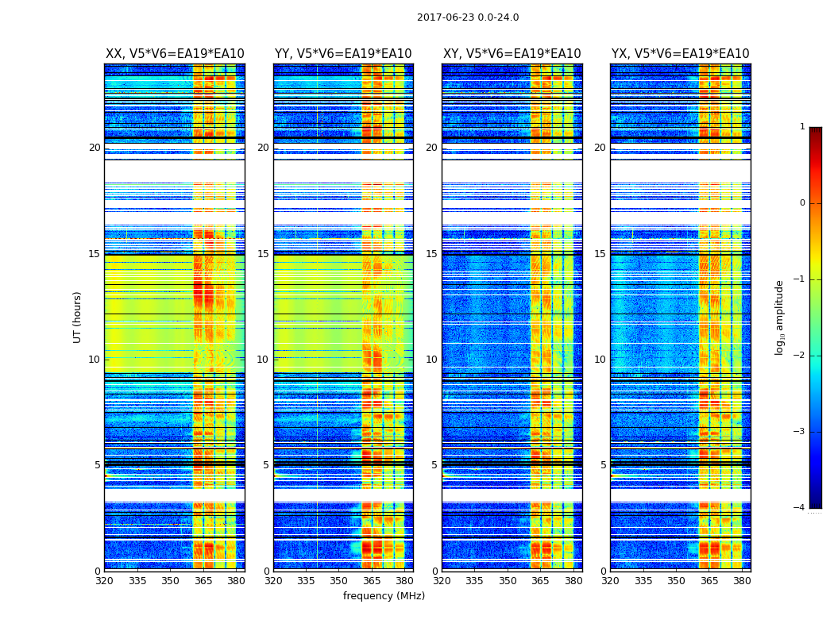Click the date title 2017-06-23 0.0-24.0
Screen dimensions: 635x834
tap(468, 17)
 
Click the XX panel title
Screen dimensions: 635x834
tap(175, 54)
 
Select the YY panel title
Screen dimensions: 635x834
tap(343, 54)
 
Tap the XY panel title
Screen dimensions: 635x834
tap(512, 54)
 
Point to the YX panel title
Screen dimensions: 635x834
tap(680, 54)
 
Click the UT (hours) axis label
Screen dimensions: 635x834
tap(78, 317)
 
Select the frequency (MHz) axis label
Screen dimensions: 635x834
tap(384, 596)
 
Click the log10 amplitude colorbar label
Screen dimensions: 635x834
tap(780, 317)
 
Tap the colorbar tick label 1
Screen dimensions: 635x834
tap(801, 127)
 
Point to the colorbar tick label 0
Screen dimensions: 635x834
tap(801, 203)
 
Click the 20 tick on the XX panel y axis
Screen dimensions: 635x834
tap(95, 148)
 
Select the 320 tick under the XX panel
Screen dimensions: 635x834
tap(104, 581)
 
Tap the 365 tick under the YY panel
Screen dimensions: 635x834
tap(372, 581)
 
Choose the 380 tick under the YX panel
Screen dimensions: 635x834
tap(742, 581)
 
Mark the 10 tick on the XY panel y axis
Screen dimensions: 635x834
tap(431, 360)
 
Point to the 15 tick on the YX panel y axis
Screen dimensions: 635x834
tap(600, 254)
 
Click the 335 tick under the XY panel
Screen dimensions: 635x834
tap(475, 581)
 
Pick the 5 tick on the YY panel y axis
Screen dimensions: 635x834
tap(266, 465)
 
